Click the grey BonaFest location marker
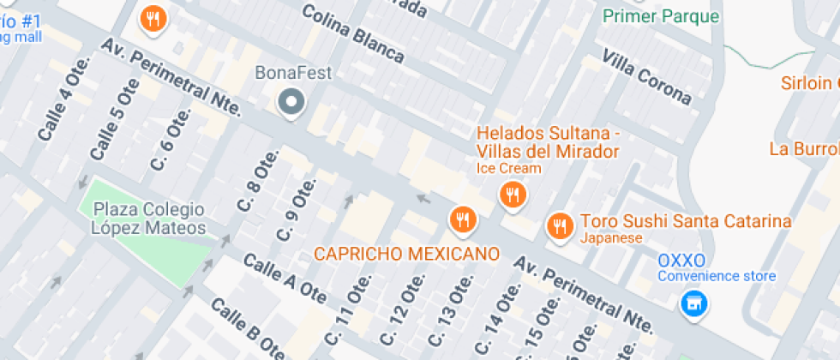click(292, 103)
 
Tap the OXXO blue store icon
click(693, 302)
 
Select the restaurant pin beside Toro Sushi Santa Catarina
click(559, 226)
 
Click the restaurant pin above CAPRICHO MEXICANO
click(462, 219)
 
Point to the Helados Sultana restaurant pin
click(512, 195)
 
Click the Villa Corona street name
click(646, 76)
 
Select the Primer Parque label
click(661, 15)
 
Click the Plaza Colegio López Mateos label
click(149, 219)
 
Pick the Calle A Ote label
click(285, 279)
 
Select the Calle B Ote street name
click(248, 329)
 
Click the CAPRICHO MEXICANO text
click(406, 254)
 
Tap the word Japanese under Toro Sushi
click(611, 238)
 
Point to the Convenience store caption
click(717, 276)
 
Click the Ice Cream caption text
click(508, 168)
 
